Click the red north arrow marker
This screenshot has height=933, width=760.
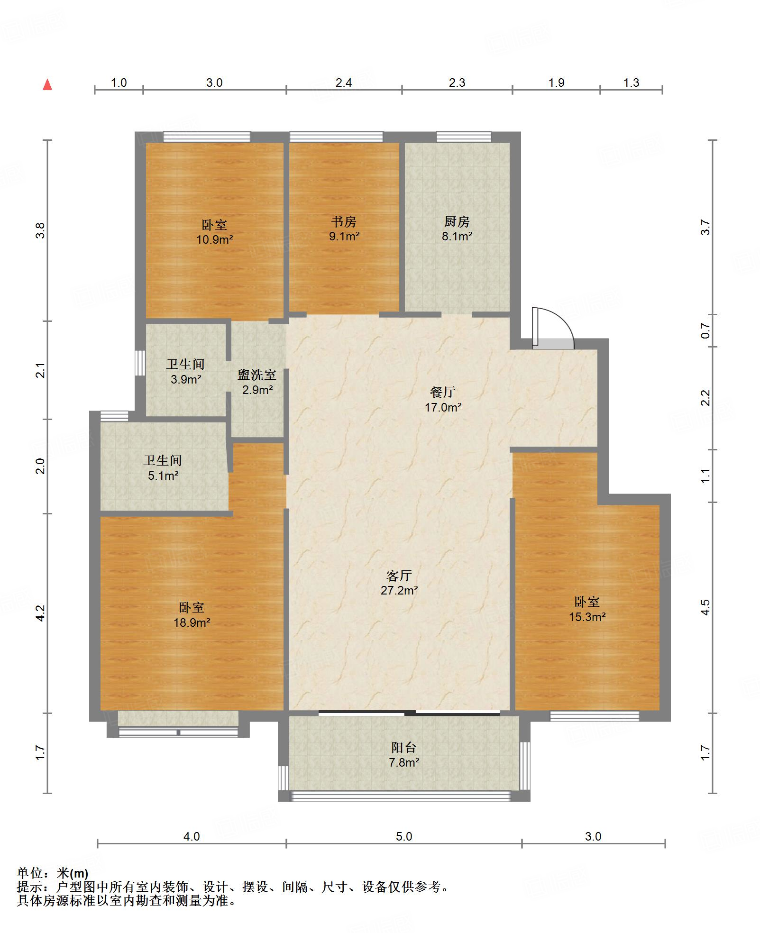(x=47, y=85)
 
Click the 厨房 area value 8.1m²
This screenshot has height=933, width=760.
(x=457, y=236)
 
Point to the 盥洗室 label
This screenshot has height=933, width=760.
(x=257, y=375)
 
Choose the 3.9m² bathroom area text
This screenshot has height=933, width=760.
(x=186, y=379)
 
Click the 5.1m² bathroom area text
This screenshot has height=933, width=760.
(x=163, y=476)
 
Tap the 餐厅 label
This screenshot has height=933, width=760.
(x=443, y=392)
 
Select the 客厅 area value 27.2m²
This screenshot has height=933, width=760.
(x=399, y=590)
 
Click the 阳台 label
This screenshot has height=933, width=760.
(x=404, y=748)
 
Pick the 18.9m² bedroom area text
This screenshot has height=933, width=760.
(x=192, y=622)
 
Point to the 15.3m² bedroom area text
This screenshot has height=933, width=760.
(x=587, y=617)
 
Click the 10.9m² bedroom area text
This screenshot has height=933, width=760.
(x=215, y=239)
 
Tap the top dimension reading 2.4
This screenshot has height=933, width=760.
(x=344, y=83)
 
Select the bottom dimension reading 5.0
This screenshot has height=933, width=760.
(x=404, y=837)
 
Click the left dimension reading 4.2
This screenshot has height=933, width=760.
(x=41, y=613)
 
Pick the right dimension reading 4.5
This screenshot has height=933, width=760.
(x=706, y=607)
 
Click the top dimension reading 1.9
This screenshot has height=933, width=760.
(x=557, y=83)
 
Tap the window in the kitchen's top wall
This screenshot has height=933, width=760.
(x=464, y=137)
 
